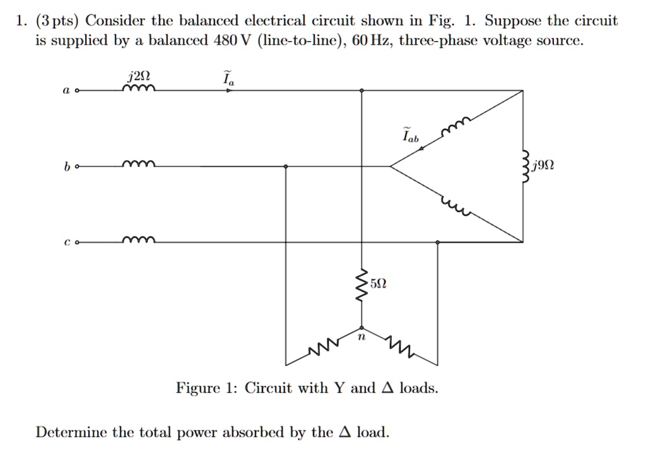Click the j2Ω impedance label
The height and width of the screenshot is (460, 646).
coord(138,78)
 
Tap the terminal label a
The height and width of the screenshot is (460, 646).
coord(66,91)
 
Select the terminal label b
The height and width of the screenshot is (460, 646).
coord(66,167)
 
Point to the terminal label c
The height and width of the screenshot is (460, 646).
coord(66,242)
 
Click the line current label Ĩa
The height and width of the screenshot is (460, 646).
coord(227,79)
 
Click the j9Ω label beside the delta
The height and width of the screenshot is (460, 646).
coord(543,167)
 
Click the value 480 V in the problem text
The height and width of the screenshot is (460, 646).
coord(233,42)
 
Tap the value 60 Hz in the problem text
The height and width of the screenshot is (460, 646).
coord(371,42)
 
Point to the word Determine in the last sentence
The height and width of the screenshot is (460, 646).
coord(71,432)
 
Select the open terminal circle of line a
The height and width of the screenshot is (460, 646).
coord(77,91)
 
